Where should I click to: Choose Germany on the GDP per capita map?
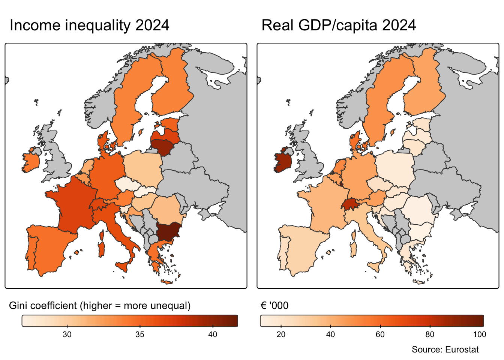point(358,176)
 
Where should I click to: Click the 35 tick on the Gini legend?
point(140,334)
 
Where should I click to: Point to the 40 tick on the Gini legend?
point(213,334)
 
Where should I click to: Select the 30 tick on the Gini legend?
point(67,334)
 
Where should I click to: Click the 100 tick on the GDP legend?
point(480,334)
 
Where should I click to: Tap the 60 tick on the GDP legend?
point(380,334)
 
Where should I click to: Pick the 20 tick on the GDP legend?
point(281,334)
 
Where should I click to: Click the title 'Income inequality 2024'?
point(89,25)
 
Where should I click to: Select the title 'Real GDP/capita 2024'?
point(339,25)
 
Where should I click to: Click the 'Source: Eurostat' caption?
point(445,349)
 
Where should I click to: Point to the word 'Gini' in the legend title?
point(17,306)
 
